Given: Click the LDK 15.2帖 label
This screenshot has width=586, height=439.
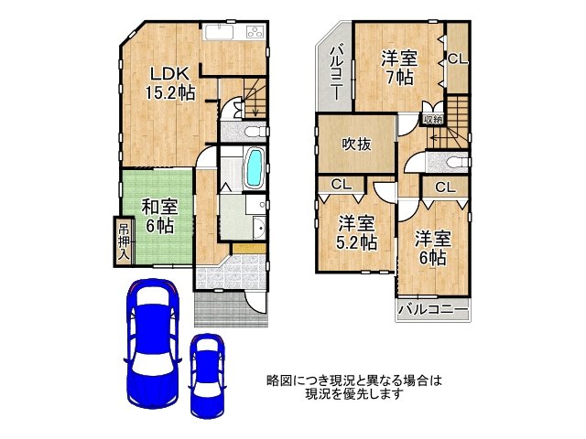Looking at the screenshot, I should (x=170, y=82).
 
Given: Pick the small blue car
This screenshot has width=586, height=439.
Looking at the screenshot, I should (x=208, y=373).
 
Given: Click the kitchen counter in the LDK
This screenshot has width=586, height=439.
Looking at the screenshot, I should (x=233, y=36).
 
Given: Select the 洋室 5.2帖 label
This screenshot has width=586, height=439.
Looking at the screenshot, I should (x=356, y=232).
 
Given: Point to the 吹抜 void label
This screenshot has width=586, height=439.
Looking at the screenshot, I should (x=356, y=145).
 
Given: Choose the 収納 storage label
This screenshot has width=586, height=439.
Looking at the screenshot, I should (x=433, y=119).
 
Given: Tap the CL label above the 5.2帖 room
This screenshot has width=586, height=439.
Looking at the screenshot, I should (x=342, y=185).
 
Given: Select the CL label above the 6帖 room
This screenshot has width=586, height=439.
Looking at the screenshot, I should (x=445, y=187).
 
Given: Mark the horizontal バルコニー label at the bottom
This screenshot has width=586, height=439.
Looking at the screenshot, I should (x=433, y=311).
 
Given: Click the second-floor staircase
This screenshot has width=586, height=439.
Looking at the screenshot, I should (x=449, y=128).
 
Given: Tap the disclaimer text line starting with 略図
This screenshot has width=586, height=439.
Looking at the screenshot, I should (x=353, y=380).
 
